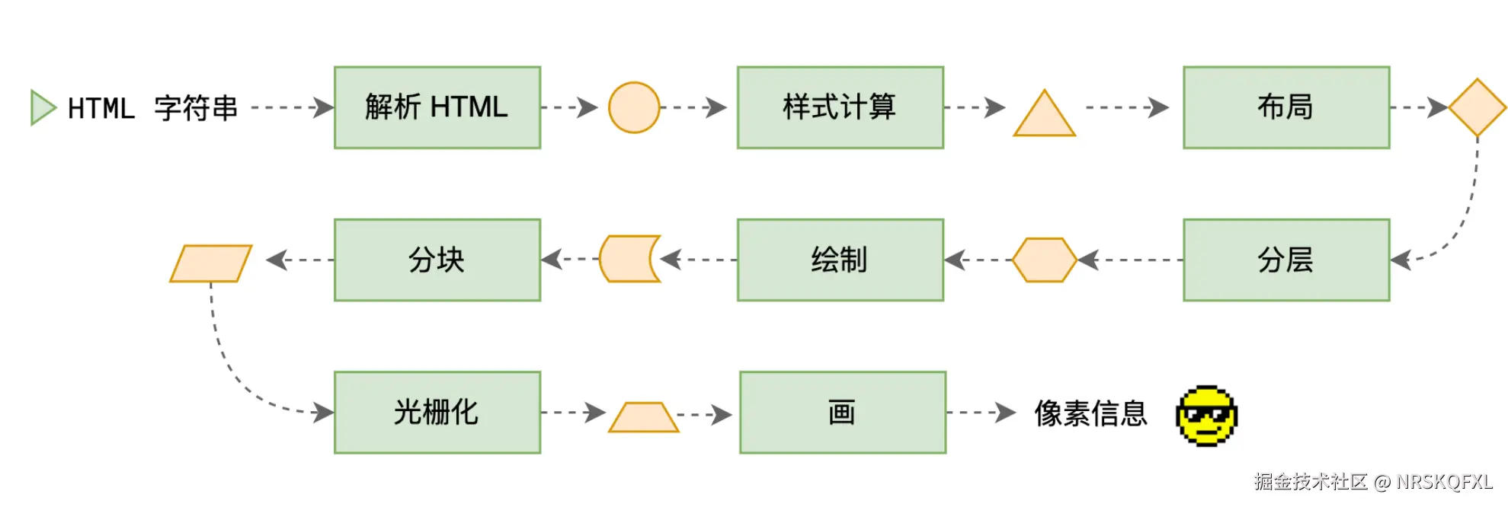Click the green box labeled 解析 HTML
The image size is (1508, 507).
[437, 107]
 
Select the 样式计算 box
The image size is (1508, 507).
[840, 107]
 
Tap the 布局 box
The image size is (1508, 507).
[1285, 107]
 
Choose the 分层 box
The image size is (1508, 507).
[1285, 260]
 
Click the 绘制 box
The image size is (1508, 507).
[840, 260]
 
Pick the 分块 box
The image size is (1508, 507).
[437, 260]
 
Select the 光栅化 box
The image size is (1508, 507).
[437, 412]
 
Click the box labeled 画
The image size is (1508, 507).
[842, 412]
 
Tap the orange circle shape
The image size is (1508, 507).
[633, 107]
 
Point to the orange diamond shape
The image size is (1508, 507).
[1477, 107]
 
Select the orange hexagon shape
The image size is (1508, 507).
[1044, 260]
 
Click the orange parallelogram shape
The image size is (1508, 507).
[210, 263]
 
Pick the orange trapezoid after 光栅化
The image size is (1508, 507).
[643, 417]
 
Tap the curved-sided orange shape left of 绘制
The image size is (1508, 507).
[628, 259]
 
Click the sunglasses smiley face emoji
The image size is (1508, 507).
[1206, 415]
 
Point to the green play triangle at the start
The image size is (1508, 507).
[41, 107]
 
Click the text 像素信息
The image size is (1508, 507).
[1090, 413]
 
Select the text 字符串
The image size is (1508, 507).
[196, 108]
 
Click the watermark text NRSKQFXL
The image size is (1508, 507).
[1444, 481]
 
